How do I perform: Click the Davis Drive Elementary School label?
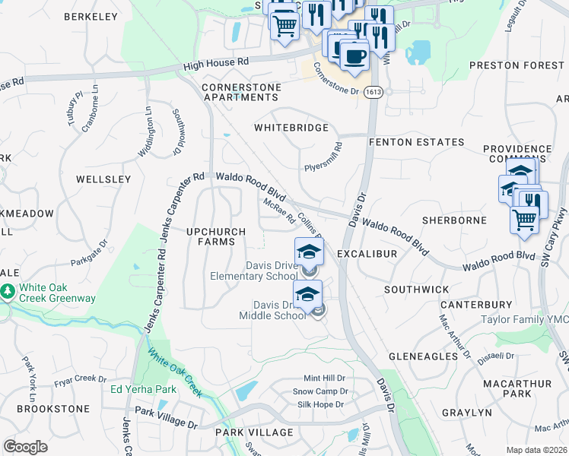coord(254,271)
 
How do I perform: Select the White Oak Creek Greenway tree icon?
coord(8,291)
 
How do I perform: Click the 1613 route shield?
coord(373,92)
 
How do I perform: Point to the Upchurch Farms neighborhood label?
coord(216,236)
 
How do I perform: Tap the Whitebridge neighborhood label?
coord(291,128)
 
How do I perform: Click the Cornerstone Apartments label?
coord(241,93)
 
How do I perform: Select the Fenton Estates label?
coord(416,142)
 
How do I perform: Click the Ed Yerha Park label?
coord(143,390)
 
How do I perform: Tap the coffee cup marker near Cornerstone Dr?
coord(354,55)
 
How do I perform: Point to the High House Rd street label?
coord(216,64)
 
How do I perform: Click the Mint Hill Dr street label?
coord(324,378)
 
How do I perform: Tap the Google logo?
coord(25,447)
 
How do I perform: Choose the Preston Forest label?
coord(518,65)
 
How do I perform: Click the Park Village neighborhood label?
coord(254,432)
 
